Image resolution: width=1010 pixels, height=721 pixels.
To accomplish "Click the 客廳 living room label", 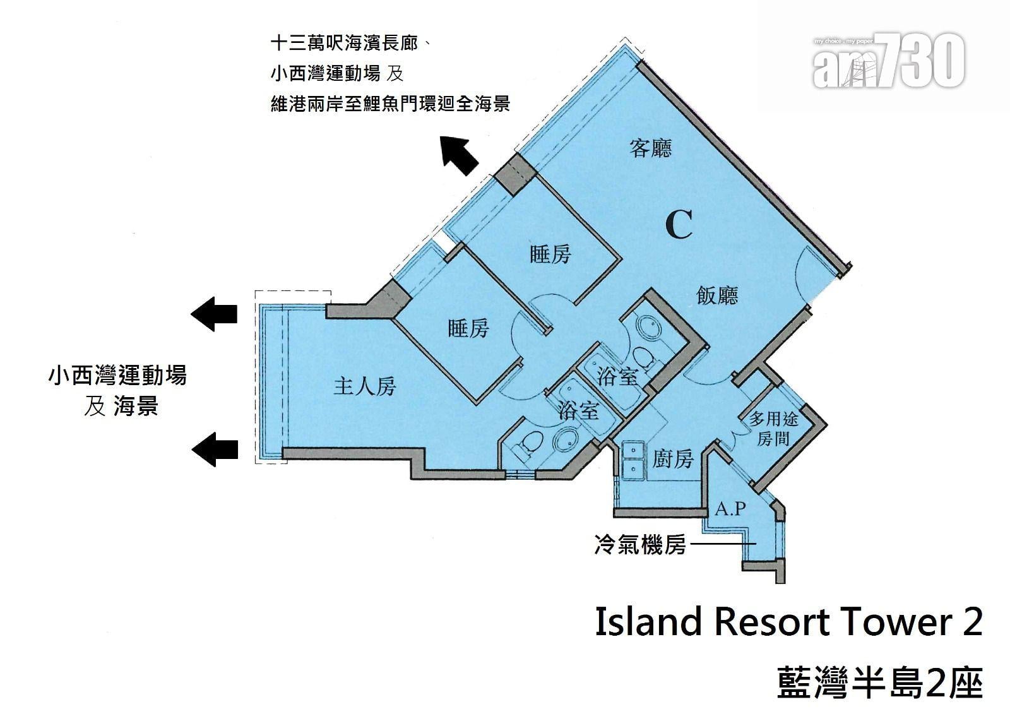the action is [650, 148].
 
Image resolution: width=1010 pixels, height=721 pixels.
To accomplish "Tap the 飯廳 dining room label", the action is [717, 296].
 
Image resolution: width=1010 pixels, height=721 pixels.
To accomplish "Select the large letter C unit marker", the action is [679, 225].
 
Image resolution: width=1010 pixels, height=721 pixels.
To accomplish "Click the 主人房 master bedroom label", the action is [364, 386].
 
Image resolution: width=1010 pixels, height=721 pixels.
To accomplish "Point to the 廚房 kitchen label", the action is [672, 460].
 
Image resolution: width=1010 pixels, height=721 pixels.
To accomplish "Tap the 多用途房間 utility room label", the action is [773, 428].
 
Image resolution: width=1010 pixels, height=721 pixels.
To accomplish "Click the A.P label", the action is [730, 509].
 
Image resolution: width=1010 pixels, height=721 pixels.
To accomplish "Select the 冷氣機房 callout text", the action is [640, 544].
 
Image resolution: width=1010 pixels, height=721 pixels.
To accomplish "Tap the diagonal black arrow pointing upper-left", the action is [459, 155].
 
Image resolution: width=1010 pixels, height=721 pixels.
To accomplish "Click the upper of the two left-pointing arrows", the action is [214, 314].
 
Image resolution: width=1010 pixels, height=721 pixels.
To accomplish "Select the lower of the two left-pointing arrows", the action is [215, 450].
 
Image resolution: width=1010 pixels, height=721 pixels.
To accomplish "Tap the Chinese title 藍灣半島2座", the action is [880, 683].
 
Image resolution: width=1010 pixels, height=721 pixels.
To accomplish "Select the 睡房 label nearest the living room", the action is [550, 254].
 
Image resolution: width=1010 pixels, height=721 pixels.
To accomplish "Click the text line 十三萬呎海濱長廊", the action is [345, 44].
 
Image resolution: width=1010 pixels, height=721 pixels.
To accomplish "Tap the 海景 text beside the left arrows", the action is [136, 405].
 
